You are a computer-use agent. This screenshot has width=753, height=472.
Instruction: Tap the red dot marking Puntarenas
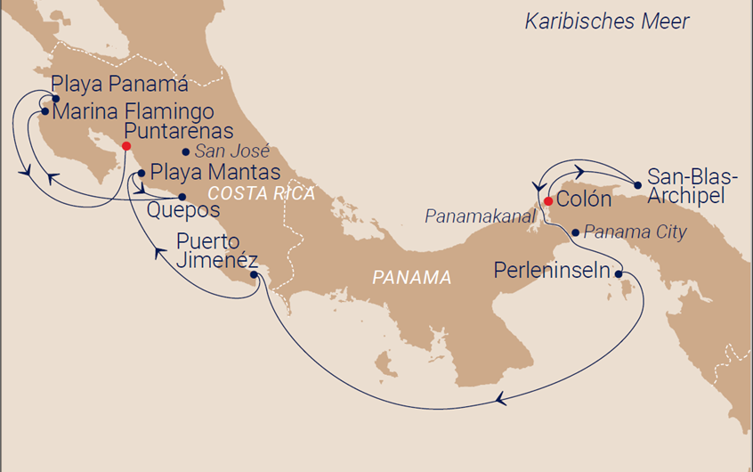point(126,146)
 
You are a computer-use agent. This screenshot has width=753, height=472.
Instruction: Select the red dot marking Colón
point(547,199)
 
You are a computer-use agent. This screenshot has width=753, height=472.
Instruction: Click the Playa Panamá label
point(119,86)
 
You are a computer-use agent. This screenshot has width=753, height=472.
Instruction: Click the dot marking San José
point(185,151)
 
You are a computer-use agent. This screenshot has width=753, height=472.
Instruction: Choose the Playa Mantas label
point(215,172)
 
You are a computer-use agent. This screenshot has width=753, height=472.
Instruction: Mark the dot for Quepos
point(182,197)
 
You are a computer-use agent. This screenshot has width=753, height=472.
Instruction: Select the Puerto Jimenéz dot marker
point(255,275)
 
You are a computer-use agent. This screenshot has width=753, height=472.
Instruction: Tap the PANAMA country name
point(411,278)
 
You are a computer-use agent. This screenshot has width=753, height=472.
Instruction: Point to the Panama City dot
point(576,232)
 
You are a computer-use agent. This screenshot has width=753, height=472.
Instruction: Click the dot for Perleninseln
point(618,274)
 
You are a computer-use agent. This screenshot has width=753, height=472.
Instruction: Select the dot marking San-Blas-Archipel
point(637,185)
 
